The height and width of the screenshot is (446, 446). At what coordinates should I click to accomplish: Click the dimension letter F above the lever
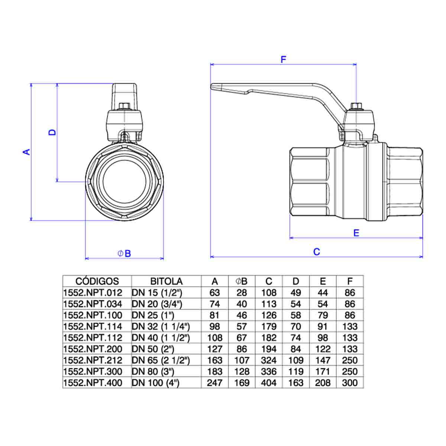point(284,59)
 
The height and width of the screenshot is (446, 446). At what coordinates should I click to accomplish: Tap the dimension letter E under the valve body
point(356,233)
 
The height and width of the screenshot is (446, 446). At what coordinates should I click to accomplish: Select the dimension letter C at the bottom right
point(317,252)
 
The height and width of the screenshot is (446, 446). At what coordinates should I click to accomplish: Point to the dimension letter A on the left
point(27,152)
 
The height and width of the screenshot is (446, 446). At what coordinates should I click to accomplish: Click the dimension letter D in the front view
point(52,132)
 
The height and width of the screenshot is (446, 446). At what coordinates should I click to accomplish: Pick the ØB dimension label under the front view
point(124,253)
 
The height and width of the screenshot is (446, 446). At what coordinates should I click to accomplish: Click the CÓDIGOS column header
point(97,281)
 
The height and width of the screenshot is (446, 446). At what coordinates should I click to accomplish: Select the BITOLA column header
point(167,281)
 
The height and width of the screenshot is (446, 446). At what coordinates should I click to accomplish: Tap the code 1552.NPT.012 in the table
point(93,293)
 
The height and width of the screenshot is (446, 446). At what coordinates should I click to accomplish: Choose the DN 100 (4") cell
point(155,382)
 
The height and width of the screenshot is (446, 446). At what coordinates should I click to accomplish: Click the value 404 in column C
point(269,382)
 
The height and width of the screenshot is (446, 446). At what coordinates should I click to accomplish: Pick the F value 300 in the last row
point(350,382)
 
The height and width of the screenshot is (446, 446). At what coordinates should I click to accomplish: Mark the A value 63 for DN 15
point(214,293)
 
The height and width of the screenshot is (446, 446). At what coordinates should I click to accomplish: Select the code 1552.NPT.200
point(93,349)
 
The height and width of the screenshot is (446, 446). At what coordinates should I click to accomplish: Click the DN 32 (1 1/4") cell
point(161,327)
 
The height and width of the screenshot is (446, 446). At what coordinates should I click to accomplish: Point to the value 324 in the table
point(269,360)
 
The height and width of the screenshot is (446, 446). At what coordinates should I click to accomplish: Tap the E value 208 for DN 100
point(323,382)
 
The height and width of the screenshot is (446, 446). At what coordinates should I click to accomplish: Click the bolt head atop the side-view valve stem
point(356,106)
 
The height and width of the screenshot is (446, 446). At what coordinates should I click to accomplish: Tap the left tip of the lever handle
point(211,86)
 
